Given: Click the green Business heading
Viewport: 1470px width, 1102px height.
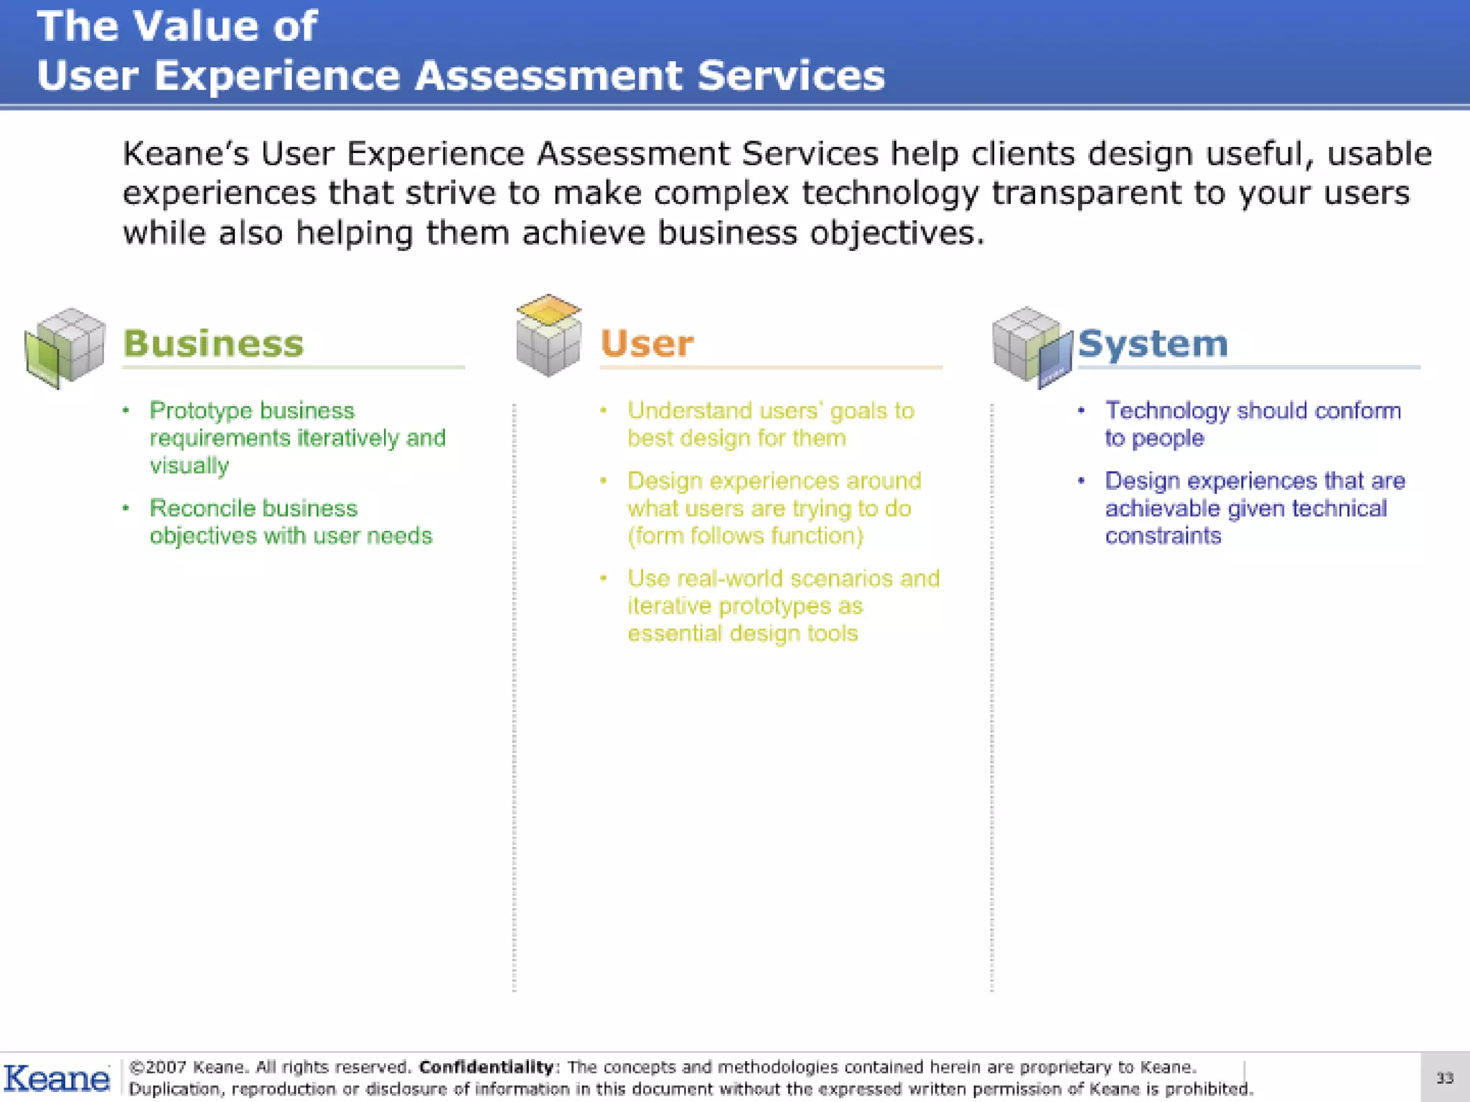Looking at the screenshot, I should point(213,343).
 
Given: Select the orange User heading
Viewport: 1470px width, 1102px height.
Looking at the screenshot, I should point(647,344).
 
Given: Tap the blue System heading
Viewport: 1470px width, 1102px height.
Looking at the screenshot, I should point(1153,344).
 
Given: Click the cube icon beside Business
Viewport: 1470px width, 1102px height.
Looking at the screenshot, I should point(65,347).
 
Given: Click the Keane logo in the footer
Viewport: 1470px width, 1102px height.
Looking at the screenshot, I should point(57,1078).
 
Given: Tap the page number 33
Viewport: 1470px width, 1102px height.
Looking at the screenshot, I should point(1444,1078).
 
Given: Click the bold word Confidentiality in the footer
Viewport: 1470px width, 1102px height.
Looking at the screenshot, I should point(487,1067).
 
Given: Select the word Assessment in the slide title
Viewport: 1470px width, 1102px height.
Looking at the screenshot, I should point(549,76).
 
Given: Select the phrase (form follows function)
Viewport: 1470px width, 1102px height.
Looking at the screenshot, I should point(745,536).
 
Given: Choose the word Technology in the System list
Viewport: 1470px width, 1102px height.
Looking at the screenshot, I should point(1167,410).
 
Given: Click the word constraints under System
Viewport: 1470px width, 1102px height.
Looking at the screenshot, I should point(1163,536).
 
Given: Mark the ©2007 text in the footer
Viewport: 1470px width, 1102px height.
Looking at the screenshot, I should point(157,1067).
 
